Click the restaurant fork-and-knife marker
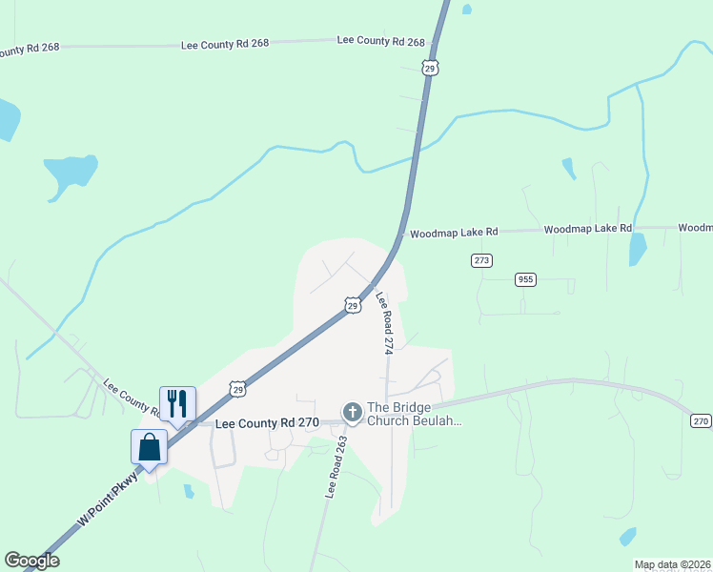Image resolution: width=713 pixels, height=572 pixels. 176,404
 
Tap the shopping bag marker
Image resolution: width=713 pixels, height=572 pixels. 150,447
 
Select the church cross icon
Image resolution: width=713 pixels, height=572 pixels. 352,413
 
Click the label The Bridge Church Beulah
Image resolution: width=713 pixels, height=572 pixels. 414,413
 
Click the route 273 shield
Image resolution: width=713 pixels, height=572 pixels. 481,260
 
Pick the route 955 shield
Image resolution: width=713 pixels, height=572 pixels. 525,279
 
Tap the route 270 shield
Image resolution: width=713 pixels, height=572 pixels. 701,420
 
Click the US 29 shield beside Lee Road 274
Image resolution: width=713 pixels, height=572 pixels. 353,304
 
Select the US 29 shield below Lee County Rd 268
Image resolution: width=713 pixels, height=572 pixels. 431,67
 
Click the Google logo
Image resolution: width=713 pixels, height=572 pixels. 31,561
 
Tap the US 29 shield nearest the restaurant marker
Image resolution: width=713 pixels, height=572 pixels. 237,388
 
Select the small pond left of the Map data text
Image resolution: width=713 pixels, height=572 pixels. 627,536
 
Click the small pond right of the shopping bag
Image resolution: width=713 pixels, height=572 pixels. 189,491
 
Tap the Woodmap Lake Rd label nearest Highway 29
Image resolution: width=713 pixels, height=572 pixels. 454,233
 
